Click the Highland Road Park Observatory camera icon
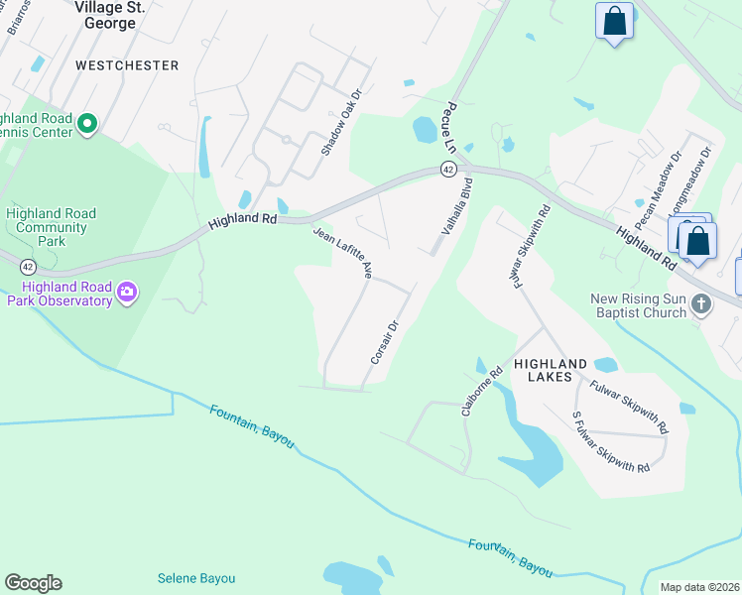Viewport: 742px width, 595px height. [126, 292]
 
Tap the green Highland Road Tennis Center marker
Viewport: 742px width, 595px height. [86, 125]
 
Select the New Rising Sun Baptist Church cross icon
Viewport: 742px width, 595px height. [701, 303]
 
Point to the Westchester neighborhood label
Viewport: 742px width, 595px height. [127, 65]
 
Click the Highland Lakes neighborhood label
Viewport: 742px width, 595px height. [550, 372]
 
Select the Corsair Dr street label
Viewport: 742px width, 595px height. [384, 341]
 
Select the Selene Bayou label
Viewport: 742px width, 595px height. [196, 578]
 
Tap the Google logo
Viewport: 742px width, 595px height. [33, 583]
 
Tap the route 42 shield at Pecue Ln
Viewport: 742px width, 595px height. [449, 171]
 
